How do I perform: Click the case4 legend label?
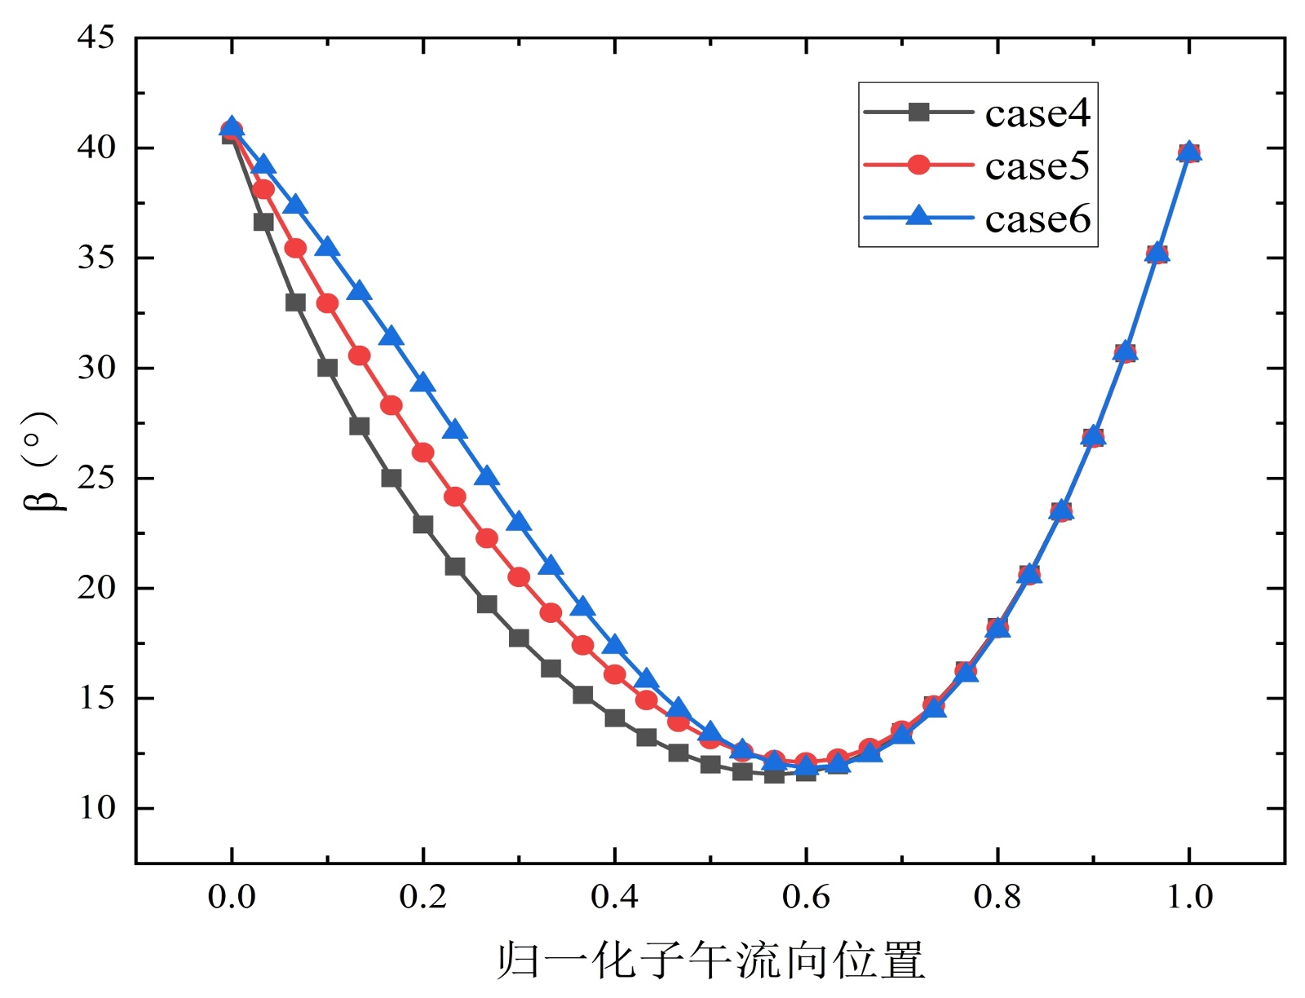[x=1037, y=113]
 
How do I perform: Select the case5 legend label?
[x=1037, y=166]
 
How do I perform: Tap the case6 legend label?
[x=1037, y=219]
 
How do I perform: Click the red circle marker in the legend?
[x=918, y=165]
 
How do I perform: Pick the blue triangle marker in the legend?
[x=918, y=216]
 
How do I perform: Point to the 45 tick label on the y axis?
[x=96, y=38]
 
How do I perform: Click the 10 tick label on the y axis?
[x=96, y=808]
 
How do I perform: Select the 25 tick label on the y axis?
[x=96, y=478]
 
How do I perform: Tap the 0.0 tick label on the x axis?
[x=232, y=897]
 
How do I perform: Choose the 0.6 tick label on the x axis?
[x=806, y=897]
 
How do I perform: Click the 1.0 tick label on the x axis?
[x=1189, y=897]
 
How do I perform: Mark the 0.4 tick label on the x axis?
[x=614, y=897]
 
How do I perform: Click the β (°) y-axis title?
[x=41, y=461]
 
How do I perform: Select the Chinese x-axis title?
[x=710, y=960]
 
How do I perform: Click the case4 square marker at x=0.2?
[x=422, y=524]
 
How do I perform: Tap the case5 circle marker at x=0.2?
[x=422, y=453]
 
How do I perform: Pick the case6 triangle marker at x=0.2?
[x=422, y=383]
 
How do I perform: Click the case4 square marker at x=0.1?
[x=327, y=368]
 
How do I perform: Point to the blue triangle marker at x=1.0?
[x=1189, y=152]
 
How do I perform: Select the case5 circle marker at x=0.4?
[x=614, y=674]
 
